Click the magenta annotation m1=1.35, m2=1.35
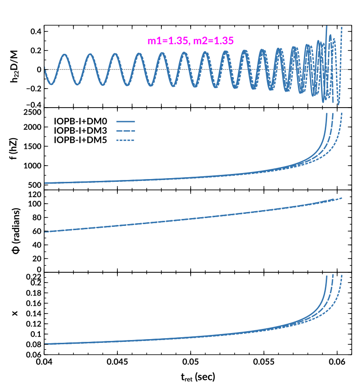tap(188, 40)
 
